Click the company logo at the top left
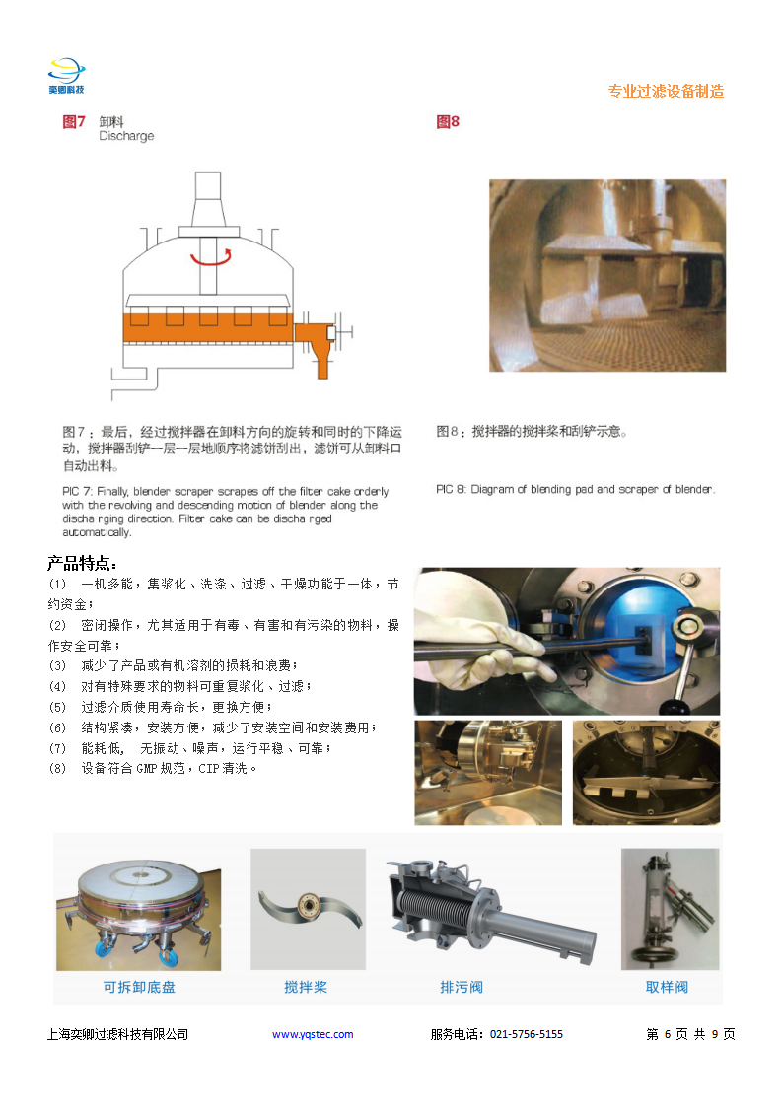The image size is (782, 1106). click(66, 76)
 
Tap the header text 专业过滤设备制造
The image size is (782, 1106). click(666, 91)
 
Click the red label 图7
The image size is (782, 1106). click(74, 122)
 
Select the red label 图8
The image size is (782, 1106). click(448, 122)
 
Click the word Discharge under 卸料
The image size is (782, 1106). click(126, 136)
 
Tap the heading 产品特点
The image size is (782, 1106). click(83, 564)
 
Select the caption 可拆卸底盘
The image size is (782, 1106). click(138, 986)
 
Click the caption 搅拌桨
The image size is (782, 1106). click(306, 986)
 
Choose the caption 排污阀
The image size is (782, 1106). click(461, 986)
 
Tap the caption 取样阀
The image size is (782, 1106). click(667, 986)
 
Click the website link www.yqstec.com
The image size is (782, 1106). click(313, 1034)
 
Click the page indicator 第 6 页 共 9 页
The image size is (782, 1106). click(690, 1034)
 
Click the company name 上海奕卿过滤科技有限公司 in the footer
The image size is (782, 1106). click(117, 1034)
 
